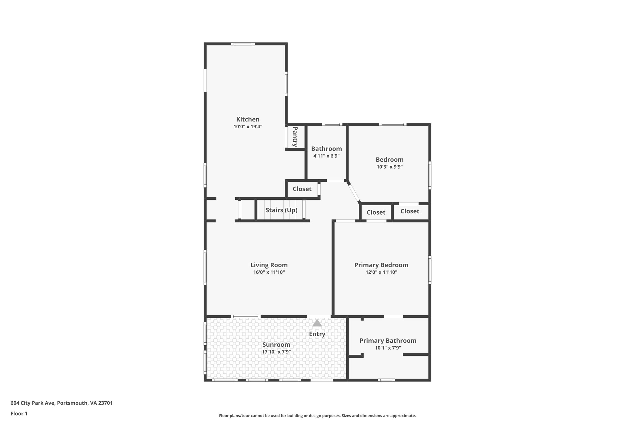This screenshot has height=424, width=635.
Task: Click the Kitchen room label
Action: pyautogui.click(x=248, y=119)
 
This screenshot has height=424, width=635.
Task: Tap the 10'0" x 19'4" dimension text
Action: pyautogui.click(x=248, y=127)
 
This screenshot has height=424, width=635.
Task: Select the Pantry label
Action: pyautogui.click(x=295, y=137)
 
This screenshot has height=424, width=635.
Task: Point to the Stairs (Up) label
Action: pyautogui.click(x=282, y=210)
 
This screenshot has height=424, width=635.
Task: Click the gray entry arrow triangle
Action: pyautogui.click(x=317, y=323)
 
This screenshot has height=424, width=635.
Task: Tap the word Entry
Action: pyautogui.click(x=317, y=334)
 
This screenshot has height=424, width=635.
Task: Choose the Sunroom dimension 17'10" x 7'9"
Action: pyautogui.click(x=276, y=352)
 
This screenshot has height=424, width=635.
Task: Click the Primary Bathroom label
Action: pyautogui.click(x=388, y=341)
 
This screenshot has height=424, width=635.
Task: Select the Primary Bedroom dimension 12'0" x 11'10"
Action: pyautogui.click(x=381, y=272)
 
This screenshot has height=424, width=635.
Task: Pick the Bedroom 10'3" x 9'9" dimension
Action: pyautogui.click(x=389, y=167)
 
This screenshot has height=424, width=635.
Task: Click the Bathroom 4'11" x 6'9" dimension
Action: pyautogui.click(x=326, y=156)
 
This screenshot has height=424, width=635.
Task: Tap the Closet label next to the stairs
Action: pyautogui.click(x=302, y=189)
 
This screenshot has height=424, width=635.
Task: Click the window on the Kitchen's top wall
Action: pyautogui.click(x=243, y=44)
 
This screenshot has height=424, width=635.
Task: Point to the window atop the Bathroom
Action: pyautogui.click(x=332, y=125)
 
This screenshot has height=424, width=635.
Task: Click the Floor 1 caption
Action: pyautogui.click(x=19, y=413)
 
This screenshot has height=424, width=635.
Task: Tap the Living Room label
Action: pyautogui.click(x=269, y=265)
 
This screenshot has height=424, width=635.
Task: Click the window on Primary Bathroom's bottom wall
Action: pyautogui.click(x=386, y=380)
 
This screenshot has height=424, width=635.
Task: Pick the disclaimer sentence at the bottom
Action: pyautogui.click(x=317, y=416)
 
